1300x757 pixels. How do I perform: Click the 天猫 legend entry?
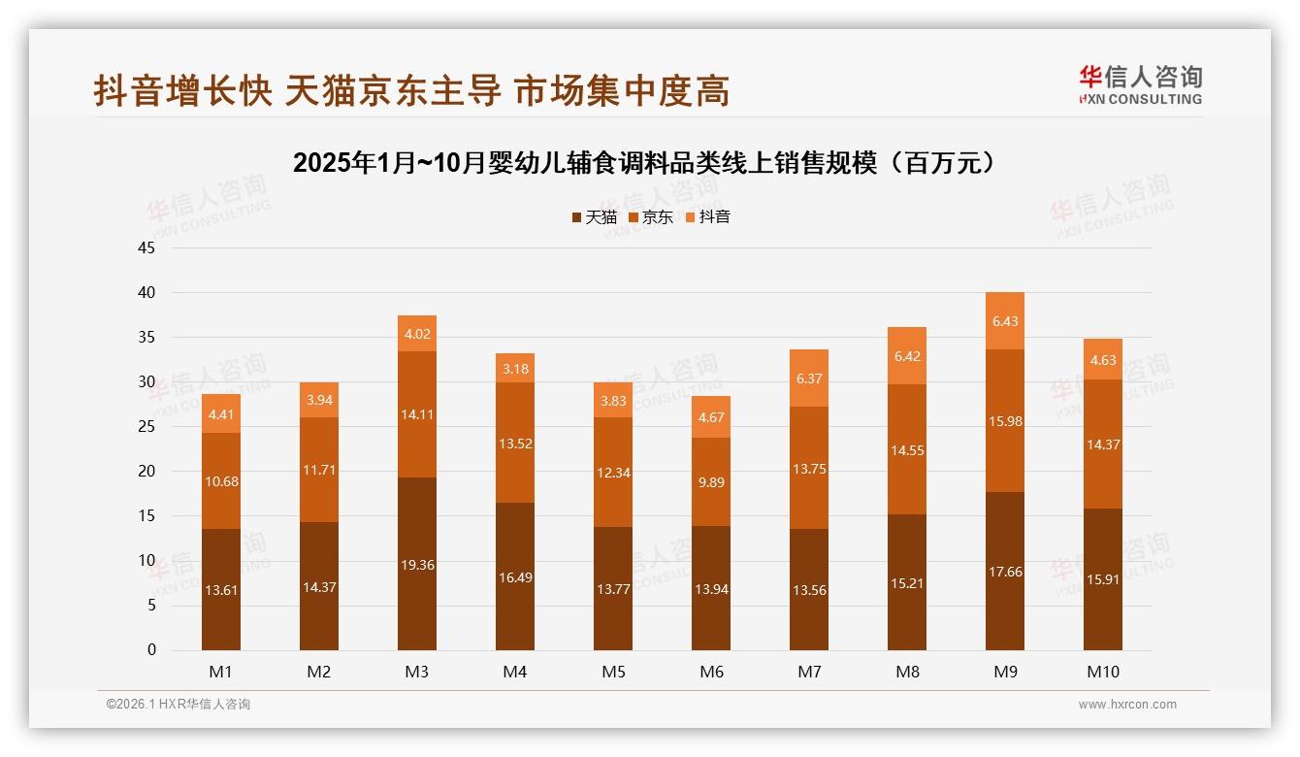click(x=595, y=217)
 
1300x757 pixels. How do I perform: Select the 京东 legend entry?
click(x=651, y=217)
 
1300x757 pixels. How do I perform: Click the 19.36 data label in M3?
click(x=417, y=565)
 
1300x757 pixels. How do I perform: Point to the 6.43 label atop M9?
click(x=1005, y=321)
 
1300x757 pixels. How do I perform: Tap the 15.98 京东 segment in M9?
click(x=1005, y=421)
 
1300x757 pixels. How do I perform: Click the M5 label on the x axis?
click(x=613, y=672)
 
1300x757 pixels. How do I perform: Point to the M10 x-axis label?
click(x=1103, y=672)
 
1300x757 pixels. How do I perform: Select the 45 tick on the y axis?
click(x=146, y=247)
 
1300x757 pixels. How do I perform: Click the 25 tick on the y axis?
click(x=146, y=427)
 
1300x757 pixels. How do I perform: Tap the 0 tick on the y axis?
click(x=151, y=650)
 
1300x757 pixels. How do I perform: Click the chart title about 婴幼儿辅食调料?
click(x=645, y=163)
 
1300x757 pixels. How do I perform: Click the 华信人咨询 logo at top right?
click(x=1140, y=84)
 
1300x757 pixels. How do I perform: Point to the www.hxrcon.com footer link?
click(x=1127, y=705)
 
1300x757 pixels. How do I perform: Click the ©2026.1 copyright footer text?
click(x=179, y=705)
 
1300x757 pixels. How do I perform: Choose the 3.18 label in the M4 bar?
click(x=515, y=369)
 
